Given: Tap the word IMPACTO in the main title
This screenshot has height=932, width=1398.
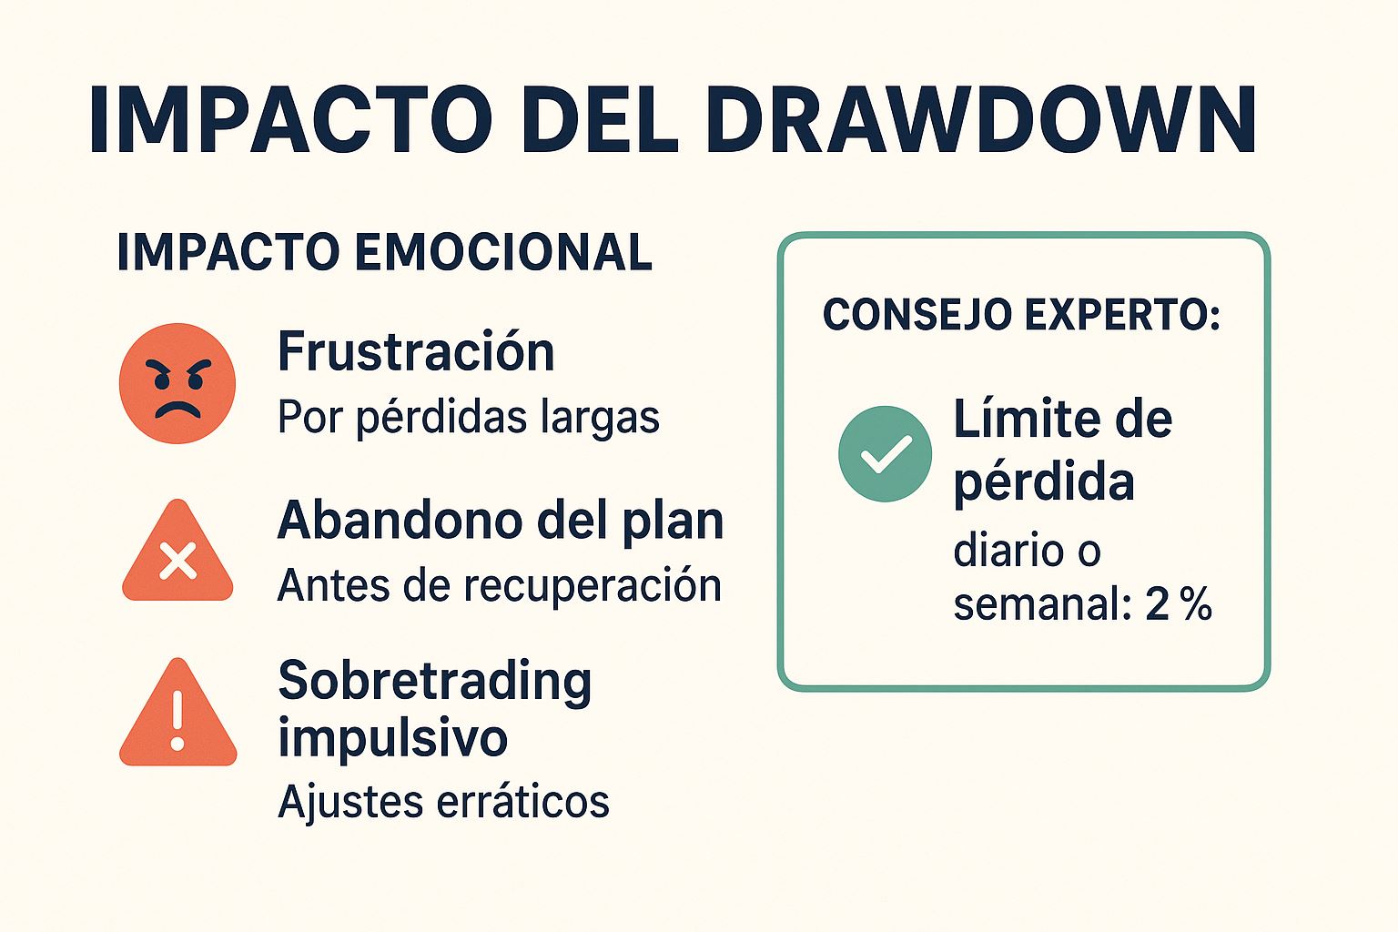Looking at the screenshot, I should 289,121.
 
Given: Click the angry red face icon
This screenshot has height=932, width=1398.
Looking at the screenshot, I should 177,383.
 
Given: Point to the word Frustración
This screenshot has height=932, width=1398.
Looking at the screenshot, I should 416,351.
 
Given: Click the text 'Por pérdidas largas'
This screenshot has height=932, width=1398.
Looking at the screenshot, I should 468,418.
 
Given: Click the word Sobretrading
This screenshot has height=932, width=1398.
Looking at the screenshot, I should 435,681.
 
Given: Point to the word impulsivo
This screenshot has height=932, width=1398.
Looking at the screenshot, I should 392,737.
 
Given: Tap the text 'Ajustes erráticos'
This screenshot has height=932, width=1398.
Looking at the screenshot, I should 443,802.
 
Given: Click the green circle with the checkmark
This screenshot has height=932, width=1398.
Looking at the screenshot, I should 885,453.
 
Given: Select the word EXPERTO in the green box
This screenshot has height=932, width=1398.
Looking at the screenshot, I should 1122,315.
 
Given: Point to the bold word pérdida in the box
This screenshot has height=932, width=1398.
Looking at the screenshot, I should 1044,482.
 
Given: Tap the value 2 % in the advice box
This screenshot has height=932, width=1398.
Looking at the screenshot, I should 1179,604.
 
